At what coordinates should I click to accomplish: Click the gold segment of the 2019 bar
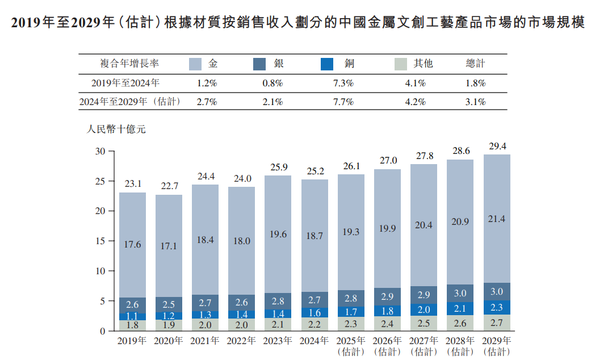coord(132,245)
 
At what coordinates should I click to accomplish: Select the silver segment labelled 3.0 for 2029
coord(497,292)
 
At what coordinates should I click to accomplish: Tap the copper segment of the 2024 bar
coord(315,312)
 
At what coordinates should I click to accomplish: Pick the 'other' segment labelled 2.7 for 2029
coord(497,323)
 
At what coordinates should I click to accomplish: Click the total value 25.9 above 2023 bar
coord(278,168)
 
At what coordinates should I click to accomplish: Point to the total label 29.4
coord(497,146)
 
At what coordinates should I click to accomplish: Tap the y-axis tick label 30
coord(100,152)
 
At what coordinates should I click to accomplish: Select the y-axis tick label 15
coord(100,241)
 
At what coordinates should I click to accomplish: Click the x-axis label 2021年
coord(205,341)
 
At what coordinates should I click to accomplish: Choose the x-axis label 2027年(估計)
coord(424,346)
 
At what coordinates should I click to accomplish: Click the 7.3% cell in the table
coord(343,83)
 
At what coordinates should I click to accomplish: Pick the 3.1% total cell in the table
coord(475,102)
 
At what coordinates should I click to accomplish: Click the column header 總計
coord(475,64)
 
